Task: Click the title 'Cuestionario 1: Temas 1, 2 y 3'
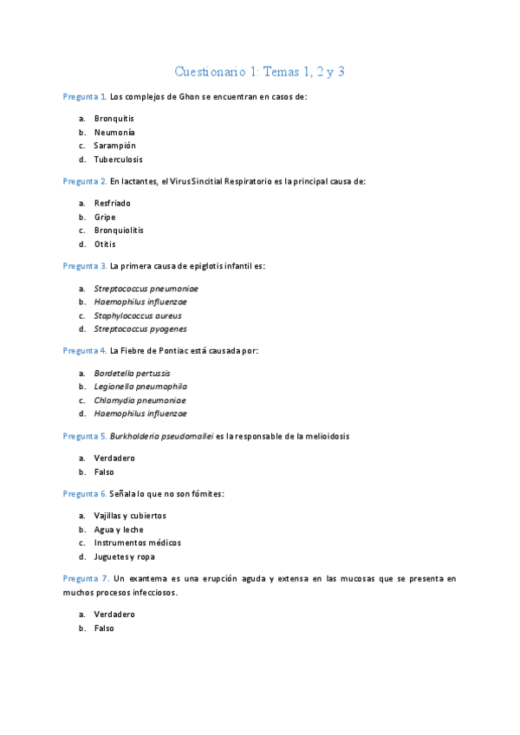(x=260, y=71)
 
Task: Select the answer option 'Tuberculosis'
(x=118, y=159)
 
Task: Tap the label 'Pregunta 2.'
(x=85, y=182)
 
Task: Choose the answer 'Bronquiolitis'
(x=119, y=231)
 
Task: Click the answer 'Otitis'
(x=105, y=244)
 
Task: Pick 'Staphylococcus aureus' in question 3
(x=137, y=315)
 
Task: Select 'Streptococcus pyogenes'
(x=140, y=329)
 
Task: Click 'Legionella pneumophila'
(x=140, y=387)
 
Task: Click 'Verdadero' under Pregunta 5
(x=114, y=458)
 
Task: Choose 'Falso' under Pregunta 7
(x=104, y=629)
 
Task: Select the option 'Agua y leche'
(x=119, y=530)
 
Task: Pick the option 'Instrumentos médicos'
(x=137, y=543)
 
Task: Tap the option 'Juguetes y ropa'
(x=125, y=556)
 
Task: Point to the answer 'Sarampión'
(x=114, y=146)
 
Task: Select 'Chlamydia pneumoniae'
(x=140, y=400)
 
